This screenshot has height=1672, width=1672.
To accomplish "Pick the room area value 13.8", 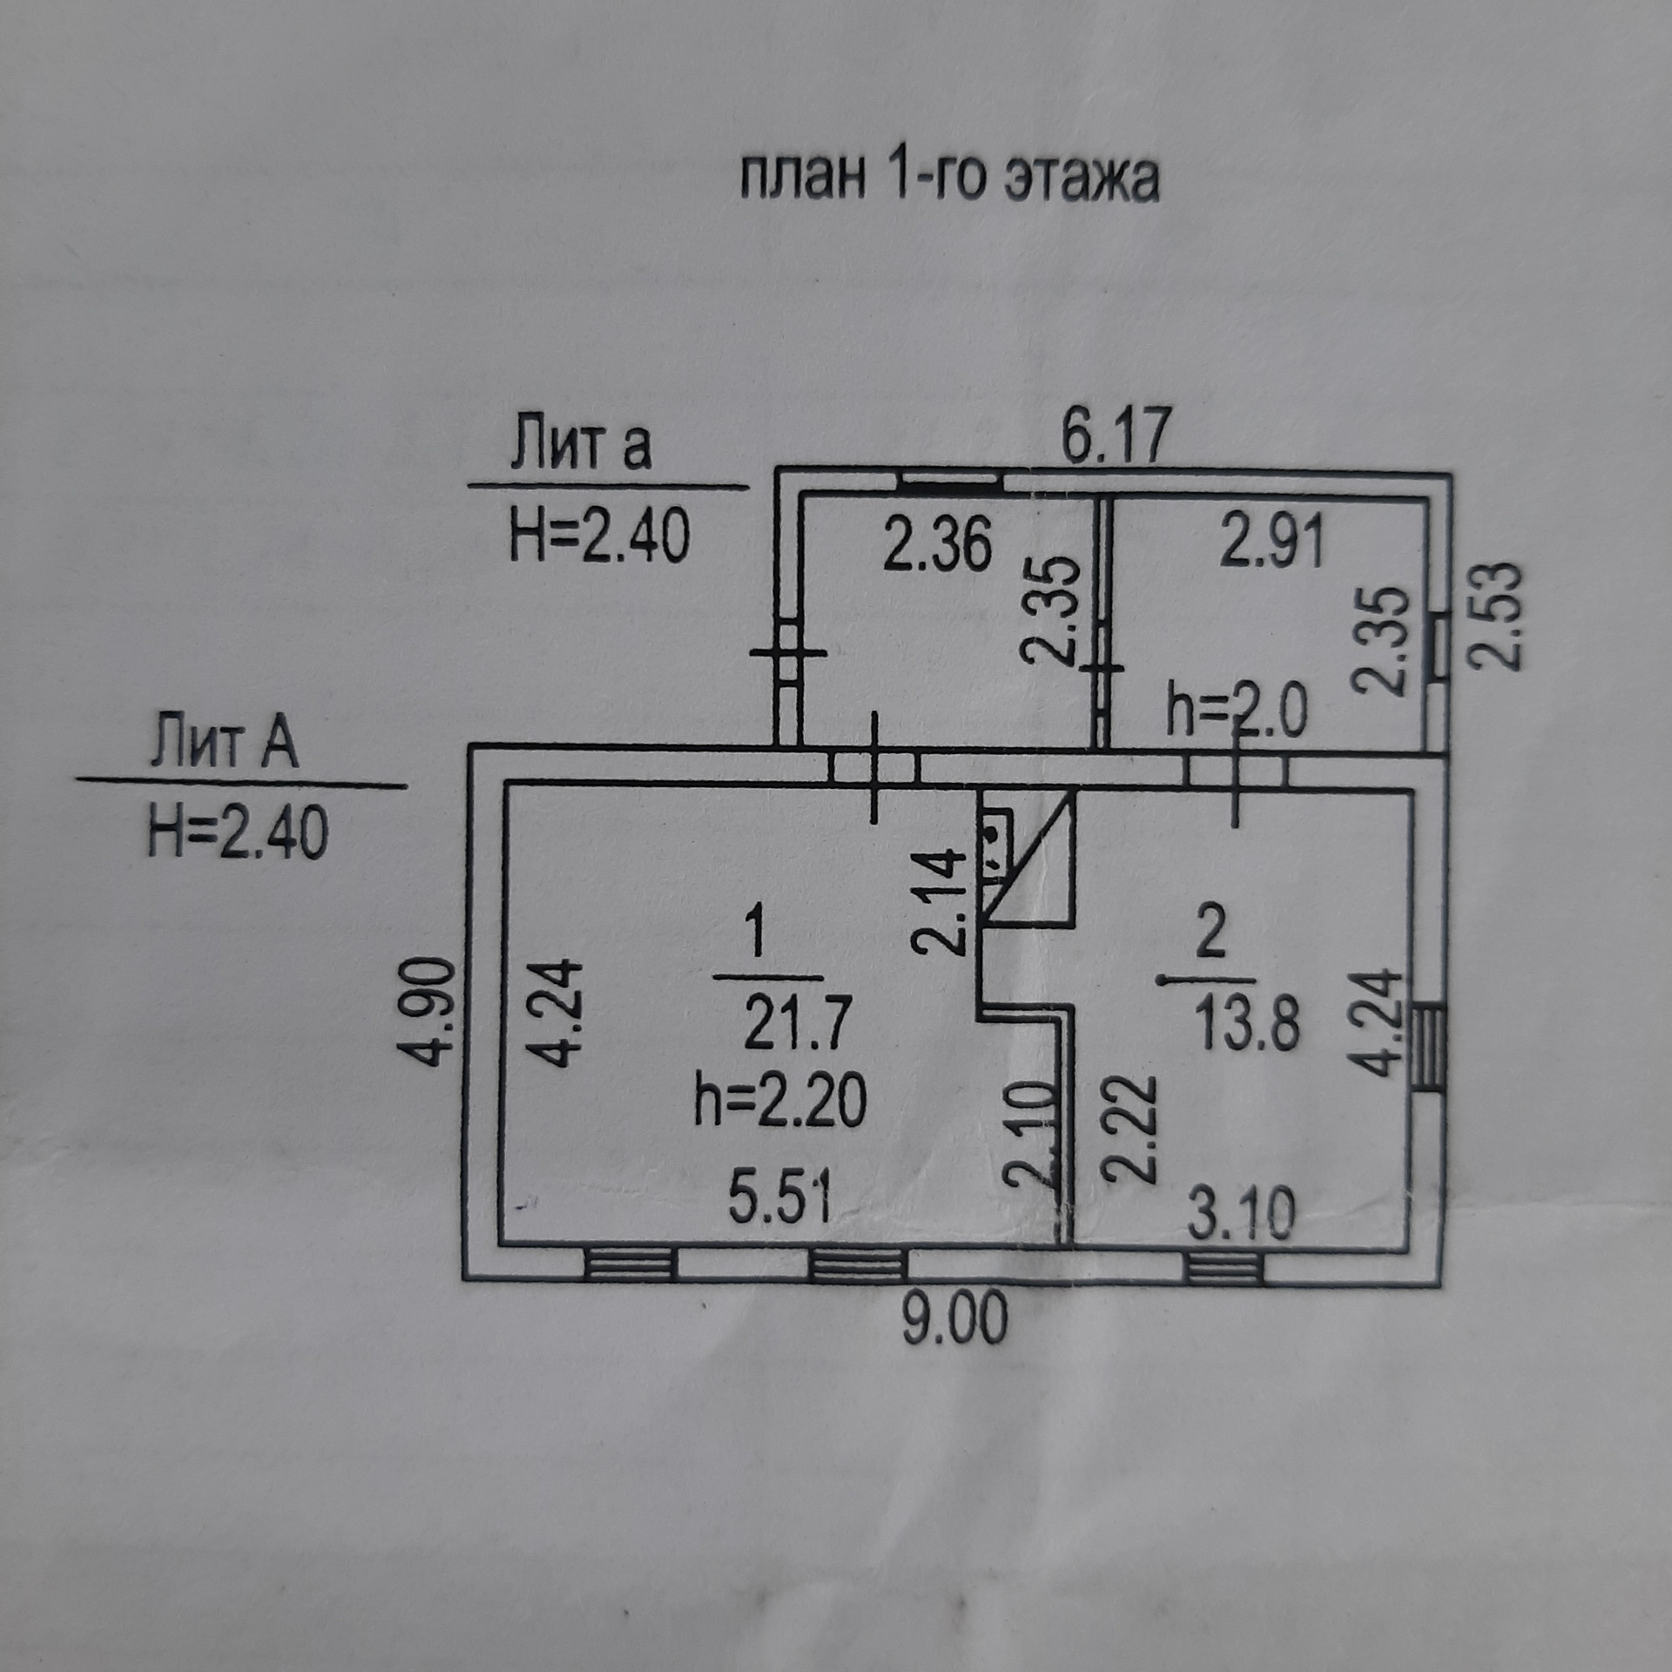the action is tap(1247, 1024).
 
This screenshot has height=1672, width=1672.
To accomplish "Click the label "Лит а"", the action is tap(580, 444).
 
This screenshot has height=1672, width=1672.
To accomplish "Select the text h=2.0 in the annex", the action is tap(1237, 712).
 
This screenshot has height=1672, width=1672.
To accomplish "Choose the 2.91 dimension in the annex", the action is tap(1272, 542).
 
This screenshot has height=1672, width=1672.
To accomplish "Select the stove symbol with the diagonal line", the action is tap(1028, 857).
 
